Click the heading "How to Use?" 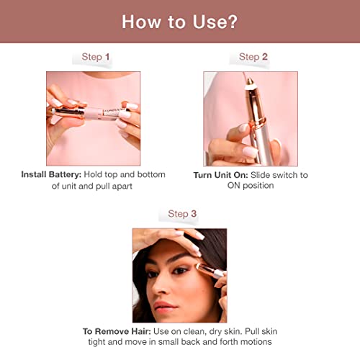tap(179, 21)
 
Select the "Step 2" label tap(253, 56)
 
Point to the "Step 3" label tap(182, 214)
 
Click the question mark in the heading tap(230, 21)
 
